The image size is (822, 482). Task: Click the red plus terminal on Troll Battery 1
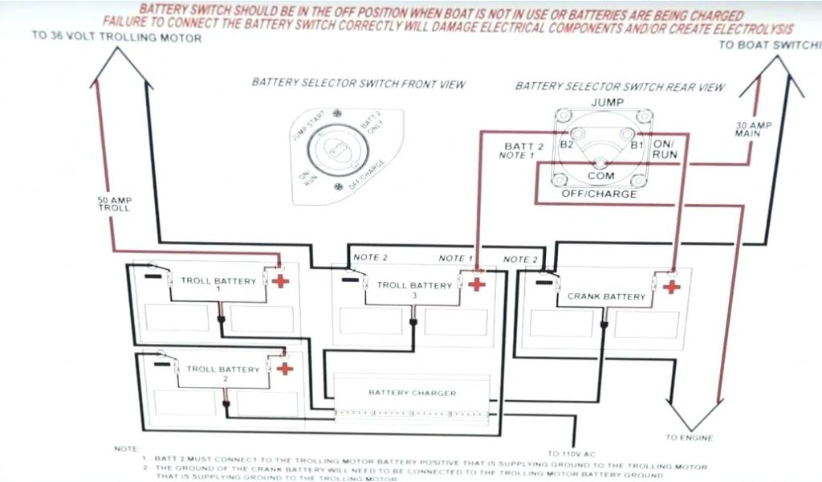click(x=280, y=280)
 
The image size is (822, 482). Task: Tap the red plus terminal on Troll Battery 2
click(x=284, y=368)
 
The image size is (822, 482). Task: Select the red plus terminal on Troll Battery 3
click(x=476, y=284)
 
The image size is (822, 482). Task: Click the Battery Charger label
click(x=412, y=393)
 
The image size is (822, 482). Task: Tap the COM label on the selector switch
click(x=600, y=175)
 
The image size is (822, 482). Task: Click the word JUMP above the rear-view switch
click(x=607, y=102)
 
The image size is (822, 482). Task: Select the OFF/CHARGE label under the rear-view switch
click(x=600, y=194)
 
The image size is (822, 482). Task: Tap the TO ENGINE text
click(x=689, y=438)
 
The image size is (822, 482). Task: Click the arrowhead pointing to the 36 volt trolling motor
click(x=122, y=69)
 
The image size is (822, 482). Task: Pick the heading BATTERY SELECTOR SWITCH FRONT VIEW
click(x=358, y=84)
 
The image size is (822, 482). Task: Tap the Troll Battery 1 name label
click(x=218, y=282)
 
